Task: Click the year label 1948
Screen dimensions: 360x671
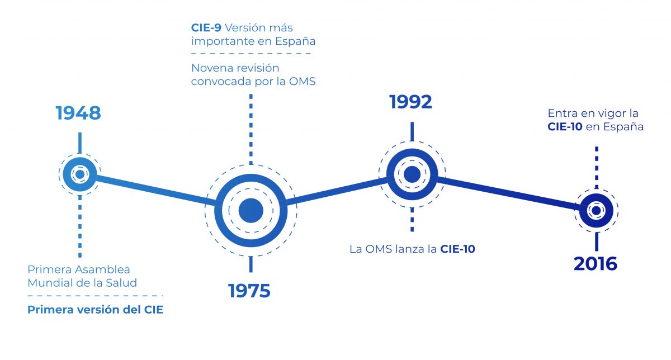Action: click(x=78, y=113)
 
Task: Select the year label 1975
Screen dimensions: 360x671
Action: click(x=249, y=291)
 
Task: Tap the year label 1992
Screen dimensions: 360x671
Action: click(x=411, y=102)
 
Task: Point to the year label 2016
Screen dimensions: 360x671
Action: click(x=596, y=263)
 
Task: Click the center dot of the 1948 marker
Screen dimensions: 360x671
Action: click(x=79, y=175)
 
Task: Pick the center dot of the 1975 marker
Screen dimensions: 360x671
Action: click(x=251, y=211)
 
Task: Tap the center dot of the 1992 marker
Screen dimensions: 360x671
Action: click(x=412, y=174)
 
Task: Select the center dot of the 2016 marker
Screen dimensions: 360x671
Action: click(x=596, y=210)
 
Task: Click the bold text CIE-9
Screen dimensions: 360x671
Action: click(x=206, y=27)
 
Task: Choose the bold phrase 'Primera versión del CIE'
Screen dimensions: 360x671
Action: click(x=95, y=310)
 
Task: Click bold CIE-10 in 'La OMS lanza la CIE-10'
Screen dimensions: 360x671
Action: click(x=457, y=249)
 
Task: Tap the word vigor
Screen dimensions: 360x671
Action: click(x=602, y=113)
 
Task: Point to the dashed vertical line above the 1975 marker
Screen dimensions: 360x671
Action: click(x=251, y=129)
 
